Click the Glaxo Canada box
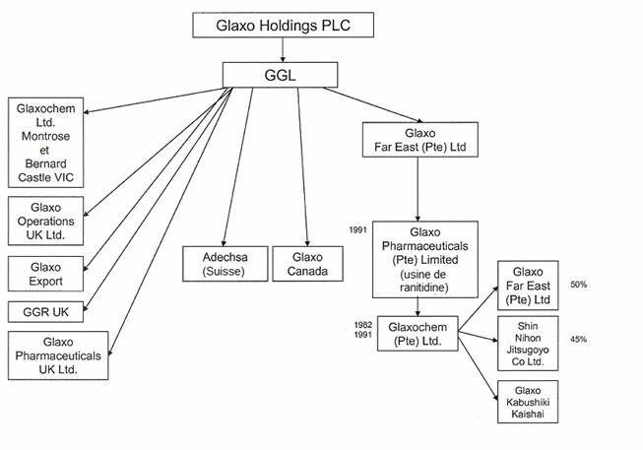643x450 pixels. [x=308, y=264]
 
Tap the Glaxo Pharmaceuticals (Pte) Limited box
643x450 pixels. [x=424, y=259]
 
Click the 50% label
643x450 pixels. [x=578, y=285]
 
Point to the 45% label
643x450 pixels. [x=578, y=340]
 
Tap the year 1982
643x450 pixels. [x=362, y=323]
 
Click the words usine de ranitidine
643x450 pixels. [x=424, y=280]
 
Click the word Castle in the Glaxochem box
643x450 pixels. [x=32, y=177]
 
